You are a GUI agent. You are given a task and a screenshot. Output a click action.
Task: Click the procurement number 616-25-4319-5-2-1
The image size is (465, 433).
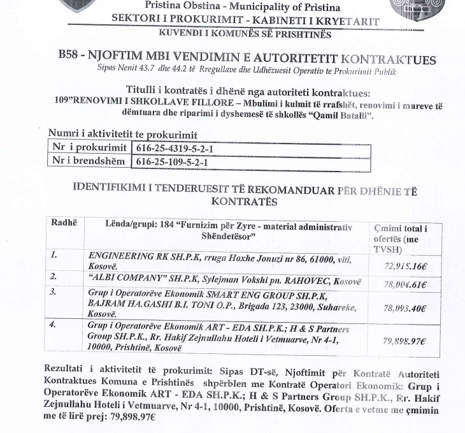coord(173,148)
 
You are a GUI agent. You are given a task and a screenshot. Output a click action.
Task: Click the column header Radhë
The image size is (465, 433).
coord(63,223)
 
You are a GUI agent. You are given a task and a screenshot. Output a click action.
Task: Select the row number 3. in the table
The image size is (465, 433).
coord(54,291)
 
